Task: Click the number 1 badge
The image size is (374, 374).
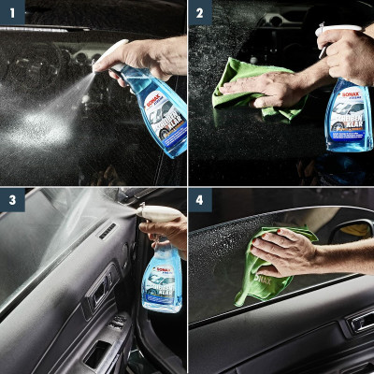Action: pos(12,12)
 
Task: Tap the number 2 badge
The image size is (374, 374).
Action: pos(200,12)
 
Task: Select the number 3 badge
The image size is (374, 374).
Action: pos(12,200)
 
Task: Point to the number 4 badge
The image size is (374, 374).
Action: pos(200,200)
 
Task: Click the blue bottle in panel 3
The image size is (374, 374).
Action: pos(161,280)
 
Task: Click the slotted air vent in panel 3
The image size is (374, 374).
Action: pos(108,231)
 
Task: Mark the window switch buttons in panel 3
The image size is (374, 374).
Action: pos(117,323)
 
